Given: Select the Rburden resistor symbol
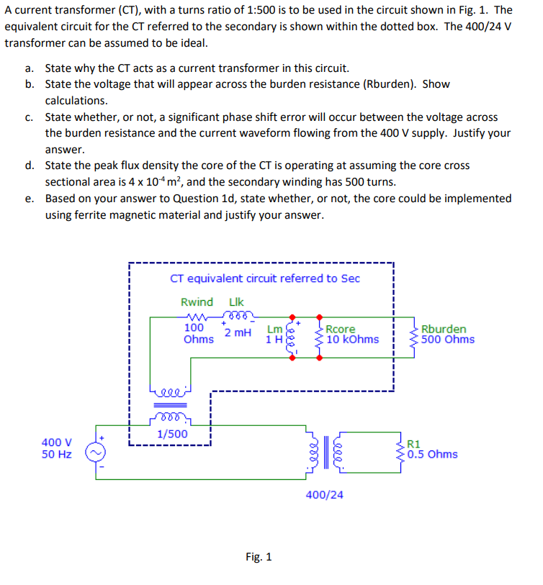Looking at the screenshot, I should click(x=414, y=335).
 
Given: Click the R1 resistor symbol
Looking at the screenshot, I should click(x=401, y=449).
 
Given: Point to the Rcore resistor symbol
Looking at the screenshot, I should click(x=319, y=335).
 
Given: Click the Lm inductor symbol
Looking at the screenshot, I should click(x=292, y=335).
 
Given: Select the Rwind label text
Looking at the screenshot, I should click(x=197, y=302).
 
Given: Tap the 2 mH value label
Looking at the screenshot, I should click(x=238, y=332).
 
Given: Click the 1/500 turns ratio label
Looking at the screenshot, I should click(x=172, y=434).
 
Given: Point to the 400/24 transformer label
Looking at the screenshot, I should click(x=325, y=494).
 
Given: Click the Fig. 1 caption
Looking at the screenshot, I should click(x=259, y=557).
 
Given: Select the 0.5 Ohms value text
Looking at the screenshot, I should click(x=432, y=454).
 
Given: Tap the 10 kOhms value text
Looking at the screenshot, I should click(x=353, y=339).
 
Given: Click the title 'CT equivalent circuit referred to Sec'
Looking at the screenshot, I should click(x=265, y=278).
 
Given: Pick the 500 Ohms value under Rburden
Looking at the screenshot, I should click(x=448, y=339).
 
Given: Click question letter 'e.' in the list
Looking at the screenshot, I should click(x=29, y=198).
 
